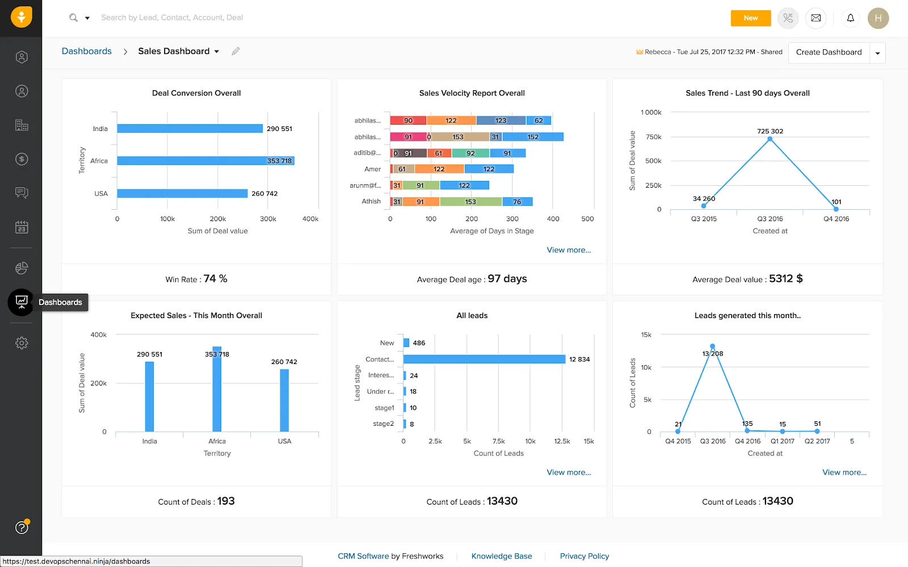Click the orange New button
pos(750,18)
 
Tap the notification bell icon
pos(850,18)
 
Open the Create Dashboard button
pos(829,52)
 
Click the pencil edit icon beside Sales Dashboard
pos(236,51)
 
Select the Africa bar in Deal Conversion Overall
pos(205,161)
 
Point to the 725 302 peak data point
pos(770,139)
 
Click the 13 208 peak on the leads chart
pos(712,346)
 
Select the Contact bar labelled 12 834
pos(484,359)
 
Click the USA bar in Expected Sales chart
pos(284,400)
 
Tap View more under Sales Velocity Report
pos(569,250)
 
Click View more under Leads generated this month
pos(844,472)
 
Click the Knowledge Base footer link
pos(502,556)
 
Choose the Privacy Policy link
pos(584,556)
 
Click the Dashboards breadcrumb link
pos(87,51)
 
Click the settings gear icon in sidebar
pos(22,343)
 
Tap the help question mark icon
pos(22,528)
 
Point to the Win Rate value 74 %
pos(215,279)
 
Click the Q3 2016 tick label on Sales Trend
pos(770,219)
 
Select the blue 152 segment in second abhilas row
pos(532,137)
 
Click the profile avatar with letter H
pos(878,18)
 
